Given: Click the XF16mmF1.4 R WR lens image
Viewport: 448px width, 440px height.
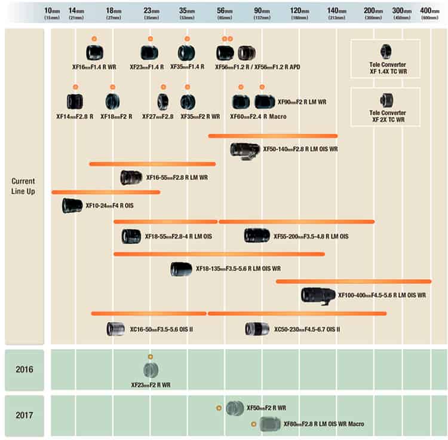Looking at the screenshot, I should (94, 53).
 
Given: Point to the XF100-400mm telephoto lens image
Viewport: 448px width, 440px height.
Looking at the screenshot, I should (318, 295).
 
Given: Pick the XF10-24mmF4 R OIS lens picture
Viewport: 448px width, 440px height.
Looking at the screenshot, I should (72, 206).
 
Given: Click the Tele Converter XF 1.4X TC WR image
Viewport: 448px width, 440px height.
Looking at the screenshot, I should (385, 51).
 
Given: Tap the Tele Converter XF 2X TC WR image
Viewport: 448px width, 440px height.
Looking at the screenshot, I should (385, 100).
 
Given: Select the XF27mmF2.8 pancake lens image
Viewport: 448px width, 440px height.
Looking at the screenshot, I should (162, 102).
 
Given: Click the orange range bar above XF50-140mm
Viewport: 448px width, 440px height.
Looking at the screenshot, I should (272, 136).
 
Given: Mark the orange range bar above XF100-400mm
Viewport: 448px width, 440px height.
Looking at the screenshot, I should (353, 281).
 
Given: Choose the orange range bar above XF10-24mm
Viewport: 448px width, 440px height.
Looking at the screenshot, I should (106, 192).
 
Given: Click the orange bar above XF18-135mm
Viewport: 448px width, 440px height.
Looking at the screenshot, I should (219, 254).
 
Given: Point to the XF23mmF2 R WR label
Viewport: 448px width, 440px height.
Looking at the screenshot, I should (151, 385).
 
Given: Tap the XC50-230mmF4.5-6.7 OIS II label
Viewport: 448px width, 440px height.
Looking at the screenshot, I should (307, 329).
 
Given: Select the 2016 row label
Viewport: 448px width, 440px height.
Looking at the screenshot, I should (24, 369).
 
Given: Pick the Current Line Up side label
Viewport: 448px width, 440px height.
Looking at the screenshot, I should (24, 185).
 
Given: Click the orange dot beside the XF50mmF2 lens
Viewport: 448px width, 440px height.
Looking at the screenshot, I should (219, 408).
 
